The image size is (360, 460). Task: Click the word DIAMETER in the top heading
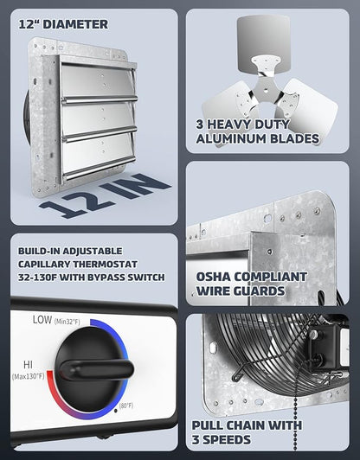coord(75,24)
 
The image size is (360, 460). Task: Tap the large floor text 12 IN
coord(105,195)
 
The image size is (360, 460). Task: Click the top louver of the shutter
coord(98,81)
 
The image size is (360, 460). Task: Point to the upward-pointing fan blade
coord(263,43)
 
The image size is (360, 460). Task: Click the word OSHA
coord(213,277)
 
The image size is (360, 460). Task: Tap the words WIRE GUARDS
coord(241,291)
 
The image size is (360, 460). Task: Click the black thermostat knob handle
coord(96,368)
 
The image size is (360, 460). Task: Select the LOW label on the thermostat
coord(42,320)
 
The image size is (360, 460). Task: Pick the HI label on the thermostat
coord(29,365)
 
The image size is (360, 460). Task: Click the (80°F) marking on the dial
coord(126,406)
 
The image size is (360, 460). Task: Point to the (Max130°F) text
coord(29,376)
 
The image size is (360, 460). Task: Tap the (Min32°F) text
coord(67,322)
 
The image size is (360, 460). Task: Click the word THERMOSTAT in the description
coord(105,264)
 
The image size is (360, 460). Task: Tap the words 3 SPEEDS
coord(222,440)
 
